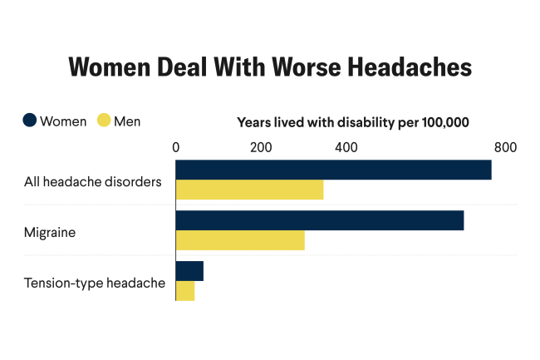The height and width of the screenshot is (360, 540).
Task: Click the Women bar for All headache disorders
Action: pyautogui.click(x=333, y=170)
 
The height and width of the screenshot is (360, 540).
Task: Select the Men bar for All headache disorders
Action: pyautogui.click(x=249, y=190)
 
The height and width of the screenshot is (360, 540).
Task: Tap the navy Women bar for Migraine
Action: pyautogui.click(x=320, y=220)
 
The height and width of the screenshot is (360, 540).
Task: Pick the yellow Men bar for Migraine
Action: pyautogui.click(x=240, y=240)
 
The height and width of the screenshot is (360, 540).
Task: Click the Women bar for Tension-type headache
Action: pyautogui.click(x=189, y=271)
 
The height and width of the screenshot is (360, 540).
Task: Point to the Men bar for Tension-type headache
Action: pyautogui.click(x=185, y=291)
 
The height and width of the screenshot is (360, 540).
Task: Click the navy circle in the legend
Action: pyautogui.click(x=30, y=121)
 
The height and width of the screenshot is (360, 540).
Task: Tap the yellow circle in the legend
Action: pyautogui.click(x=104, y=121)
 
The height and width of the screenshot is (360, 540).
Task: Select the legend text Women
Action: pyautogui.click(x=64, y=121)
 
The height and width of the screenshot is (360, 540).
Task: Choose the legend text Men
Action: pyautogui.click(x=127, y=121)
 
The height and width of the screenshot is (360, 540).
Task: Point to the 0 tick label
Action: pyautogui.click(x=176, y=147)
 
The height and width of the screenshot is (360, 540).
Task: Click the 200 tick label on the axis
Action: pyautogui.click(x=261, y=147)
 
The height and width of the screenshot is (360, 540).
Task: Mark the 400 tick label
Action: pyautogui.click(x=346, y=147)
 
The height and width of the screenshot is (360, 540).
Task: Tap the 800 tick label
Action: pyautogui.click(x=505, y=147)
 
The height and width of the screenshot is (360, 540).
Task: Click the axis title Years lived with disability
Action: pyautogui.click(x=353, y=122)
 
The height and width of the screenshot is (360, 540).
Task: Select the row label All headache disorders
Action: pyautogui.click(x=92, y=181)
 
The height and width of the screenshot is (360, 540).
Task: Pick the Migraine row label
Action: pyautogui.click(x=50, y=232)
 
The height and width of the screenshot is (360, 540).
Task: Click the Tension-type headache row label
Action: pyautogui.click(x=95, y=284)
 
